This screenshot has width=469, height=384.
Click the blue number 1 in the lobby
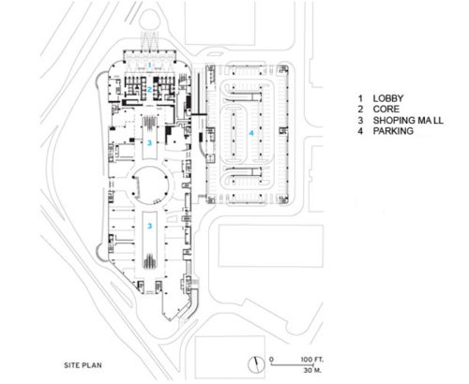click(150, 65)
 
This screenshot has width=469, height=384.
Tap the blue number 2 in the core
click(150, 90)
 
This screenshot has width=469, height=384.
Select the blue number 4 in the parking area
click(251, 133)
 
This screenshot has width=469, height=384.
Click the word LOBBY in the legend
click(388, 98)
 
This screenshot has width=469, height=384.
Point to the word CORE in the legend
click(386, 110)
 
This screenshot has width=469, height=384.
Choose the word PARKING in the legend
click(393, 131)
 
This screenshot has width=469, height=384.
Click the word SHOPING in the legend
click(392, 120)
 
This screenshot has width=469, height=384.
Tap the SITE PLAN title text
click(83, 365)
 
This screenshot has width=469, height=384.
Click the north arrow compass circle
click(256, 364)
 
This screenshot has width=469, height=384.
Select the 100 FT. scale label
click(312, 360)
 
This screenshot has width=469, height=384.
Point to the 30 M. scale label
click(312, 370)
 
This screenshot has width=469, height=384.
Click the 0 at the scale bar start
click(271, 360)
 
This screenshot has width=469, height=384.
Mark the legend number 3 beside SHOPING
click(360, 120)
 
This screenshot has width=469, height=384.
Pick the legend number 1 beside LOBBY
click(360, 98)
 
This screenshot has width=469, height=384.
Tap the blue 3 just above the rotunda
click(149, 143)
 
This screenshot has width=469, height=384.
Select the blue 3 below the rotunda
click(150, 226)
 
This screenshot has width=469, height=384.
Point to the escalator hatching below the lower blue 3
click(150, 261)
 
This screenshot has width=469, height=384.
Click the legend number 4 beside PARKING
click(360, 131)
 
